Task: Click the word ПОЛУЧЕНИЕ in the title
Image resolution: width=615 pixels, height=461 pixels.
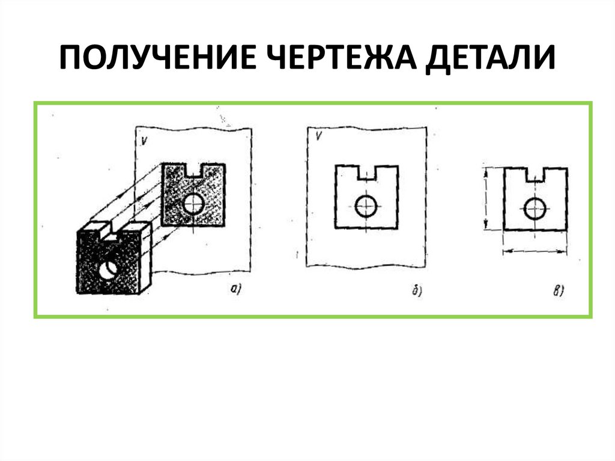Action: pyautogui.click(x=159, y=57)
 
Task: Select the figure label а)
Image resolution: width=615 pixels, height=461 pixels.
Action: pyautogui.click(x=235, y=289)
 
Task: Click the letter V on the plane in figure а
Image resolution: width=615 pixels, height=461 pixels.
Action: pyautogui.click(x=144, y=141)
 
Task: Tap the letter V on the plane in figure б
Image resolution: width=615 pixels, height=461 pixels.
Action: pyautogui.click(x=320, y=136)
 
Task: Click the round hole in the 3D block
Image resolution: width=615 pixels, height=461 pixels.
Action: pyautogui.click(x=108, y=269)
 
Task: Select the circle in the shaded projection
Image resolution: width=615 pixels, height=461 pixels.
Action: pyautogui.click(x=193, y=203)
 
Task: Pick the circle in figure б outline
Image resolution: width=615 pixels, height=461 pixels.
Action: pyautogui.click(x=366, y=206)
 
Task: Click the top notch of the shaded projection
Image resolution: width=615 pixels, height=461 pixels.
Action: pyautogui.click(x=195, y=171)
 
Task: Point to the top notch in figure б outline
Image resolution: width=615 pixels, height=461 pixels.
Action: pyautogui.click(x=367, y=172)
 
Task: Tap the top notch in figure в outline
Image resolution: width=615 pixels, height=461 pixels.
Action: pyautogui.click(x=535, y=175)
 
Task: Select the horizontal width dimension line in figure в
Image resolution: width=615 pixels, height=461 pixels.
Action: pyautogui.click(x=535, y=251)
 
